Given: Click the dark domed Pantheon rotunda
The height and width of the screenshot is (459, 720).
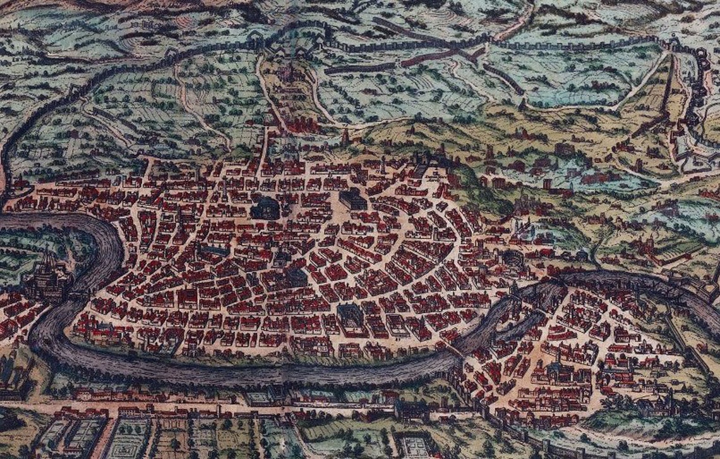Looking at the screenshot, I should (x=265, y=208).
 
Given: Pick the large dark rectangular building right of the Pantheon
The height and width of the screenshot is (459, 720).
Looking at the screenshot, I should (x=352, y=199).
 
